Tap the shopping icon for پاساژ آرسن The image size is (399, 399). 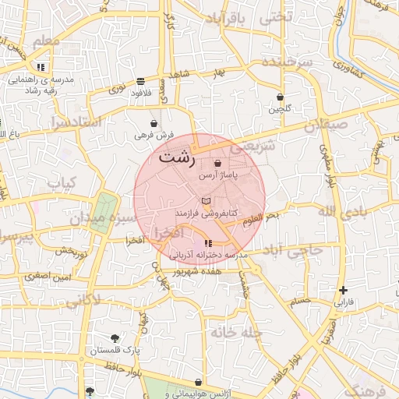(217, 164)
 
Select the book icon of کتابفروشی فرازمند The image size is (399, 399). (206, 201)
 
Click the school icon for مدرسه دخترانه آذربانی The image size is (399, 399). (207, 244)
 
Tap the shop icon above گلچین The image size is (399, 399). (280, 97)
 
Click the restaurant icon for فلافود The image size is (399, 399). (139, 81)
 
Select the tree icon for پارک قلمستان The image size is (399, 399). (115, 338)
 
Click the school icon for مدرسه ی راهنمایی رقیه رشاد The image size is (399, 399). (40, 68)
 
